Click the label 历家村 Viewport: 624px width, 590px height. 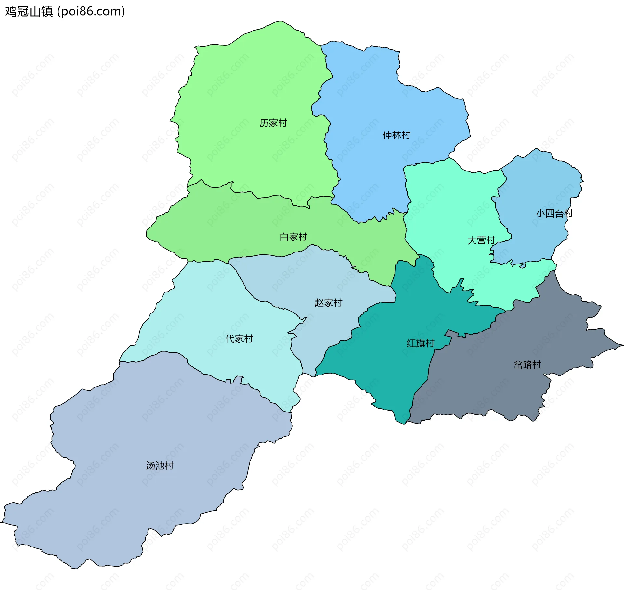click(x=273, y=123)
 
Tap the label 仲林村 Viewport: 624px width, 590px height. click(x=396, y=135)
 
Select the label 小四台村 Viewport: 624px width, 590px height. click(x=554, y=213)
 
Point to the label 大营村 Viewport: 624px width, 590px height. click(x=481, y=240)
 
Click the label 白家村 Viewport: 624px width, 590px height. click(x=293, y=237)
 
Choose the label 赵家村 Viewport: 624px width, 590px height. click(x=328, y=303)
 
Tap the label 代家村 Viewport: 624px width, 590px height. click(x=239, y=339)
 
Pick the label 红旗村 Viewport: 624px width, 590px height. click(x=420, y=343)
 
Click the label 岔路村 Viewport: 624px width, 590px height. click(x=527, y=365)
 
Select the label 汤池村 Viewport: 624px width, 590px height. click(x=160, y=466)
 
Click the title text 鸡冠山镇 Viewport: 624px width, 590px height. click(x=29, y=12)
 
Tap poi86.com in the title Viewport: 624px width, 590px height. click(x=91, y=12)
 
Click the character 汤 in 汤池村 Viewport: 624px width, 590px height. click(x=150, y=466)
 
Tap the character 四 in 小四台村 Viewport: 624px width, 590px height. click(x=550, y=213)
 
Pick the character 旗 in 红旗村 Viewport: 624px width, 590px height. click(x=421, y=343)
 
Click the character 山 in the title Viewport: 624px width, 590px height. click(x=35, y=12)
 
